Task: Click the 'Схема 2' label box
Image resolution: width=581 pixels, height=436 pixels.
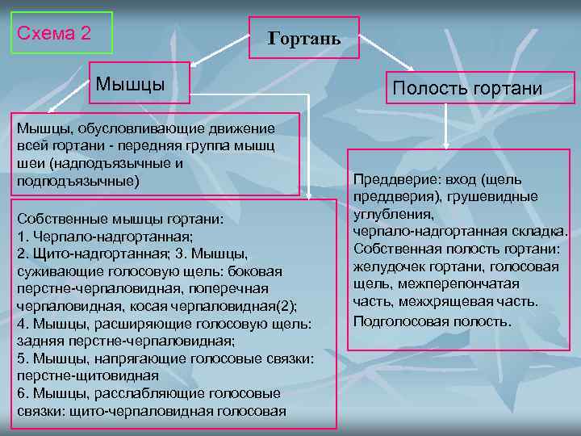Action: coord(61,33)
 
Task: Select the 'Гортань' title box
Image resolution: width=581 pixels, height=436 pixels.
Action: coord(303,38)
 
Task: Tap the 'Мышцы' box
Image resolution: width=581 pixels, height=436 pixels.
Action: coord(140,84)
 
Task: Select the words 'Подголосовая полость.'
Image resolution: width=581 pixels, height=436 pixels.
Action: coord(432,321)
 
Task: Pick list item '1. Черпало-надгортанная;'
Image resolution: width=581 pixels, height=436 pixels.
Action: coord(105,237)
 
